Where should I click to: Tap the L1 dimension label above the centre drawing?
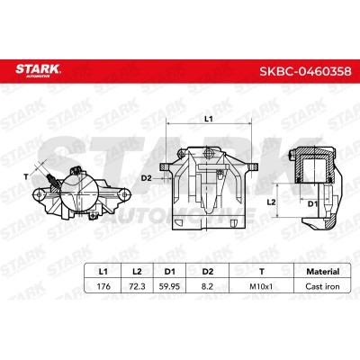click(x=208, y=119)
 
